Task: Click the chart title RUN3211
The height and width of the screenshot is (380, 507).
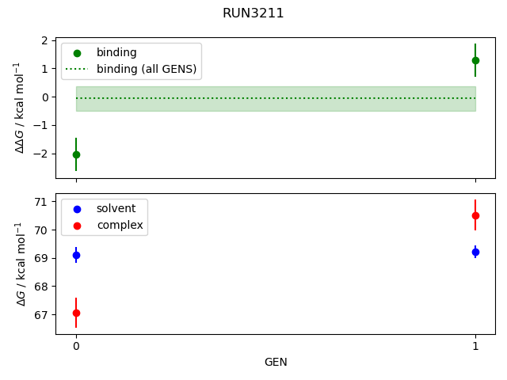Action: coord(253,13)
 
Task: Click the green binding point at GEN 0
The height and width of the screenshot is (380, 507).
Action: coord(76,154)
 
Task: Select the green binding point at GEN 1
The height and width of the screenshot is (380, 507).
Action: coord(475,60)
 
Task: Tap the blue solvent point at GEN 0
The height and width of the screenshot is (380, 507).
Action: coord(76,255)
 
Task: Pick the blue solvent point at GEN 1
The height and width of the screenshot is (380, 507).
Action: coord(475,252)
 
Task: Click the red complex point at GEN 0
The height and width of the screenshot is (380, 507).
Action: coord(76,313)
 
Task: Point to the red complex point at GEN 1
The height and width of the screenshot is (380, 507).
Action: coord(475,215)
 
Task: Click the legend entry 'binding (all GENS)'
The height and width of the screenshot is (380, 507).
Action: coord(147,69)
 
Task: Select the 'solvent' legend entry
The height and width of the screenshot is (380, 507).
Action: coord(116,208)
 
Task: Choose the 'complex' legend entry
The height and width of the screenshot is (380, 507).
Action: coord(120,225)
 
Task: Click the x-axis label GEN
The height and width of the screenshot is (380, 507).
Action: coord(276,362)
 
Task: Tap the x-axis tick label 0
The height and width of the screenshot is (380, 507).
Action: coord(76,346)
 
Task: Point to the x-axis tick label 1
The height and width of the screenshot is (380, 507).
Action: coord(475,346)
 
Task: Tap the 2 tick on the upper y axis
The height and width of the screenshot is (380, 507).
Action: coord(48,40)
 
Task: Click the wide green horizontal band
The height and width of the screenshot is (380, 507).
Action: coord(276,99)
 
